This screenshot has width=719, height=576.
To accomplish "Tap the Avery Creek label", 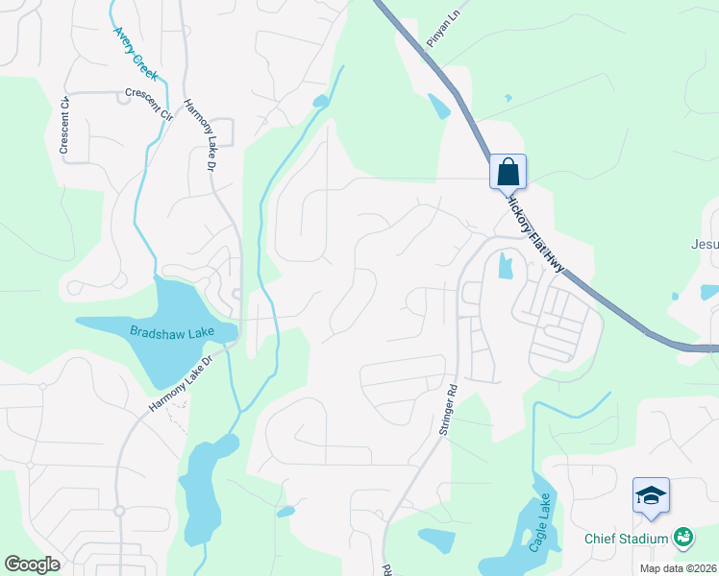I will (135, 52).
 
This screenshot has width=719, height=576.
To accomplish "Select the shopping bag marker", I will (508, 173).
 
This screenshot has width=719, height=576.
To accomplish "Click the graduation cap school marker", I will (651, 495).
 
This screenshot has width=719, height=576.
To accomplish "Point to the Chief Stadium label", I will (626, 538).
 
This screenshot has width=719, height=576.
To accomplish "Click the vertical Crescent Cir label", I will (64, 126).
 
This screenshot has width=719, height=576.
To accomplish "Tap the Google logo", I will (33, 564).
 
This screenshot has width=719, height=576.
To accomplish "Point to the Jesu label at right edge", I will (704, 244).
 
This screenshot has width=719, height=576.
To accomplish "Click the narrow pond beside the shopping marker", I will (438, 106).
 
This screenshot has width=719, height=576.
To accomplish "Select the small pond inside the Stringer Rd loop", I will (505, 266).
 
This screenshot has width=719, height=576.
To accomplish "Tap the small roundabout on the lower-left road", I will (119, 511).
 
